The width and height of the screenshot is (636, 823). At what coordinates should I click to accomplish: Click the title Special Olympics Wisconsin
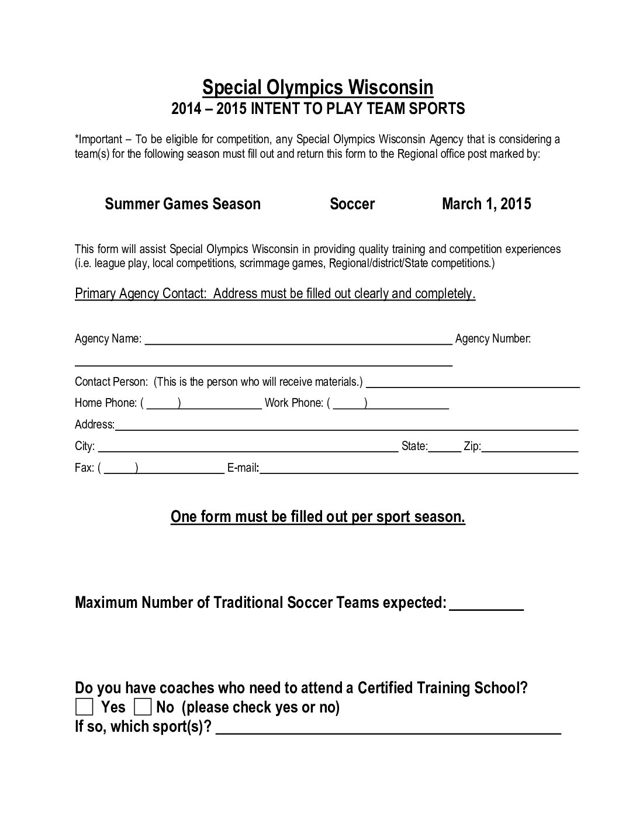coord(317,88)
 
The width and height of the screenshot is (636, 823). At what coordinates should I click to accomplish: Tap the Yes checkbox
coord(84,707)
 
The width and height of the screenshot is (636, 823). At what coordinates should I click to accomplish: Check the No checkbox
coord(143,707)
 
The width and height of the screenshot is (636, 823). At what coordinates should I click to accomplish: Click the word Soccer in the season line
coord(352,204)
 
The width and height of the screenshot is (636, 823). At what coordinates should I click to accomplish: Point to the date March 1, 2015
coord(486,204)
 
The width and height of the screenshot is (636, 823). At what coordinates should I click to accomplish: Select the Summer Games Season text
coord(182,204)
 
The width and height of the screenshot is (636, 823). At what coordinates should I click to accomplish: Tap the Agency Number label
coord(493,338)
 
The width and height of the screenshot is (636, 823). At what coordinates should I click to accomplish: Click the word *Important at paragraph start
coord(99,139)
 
